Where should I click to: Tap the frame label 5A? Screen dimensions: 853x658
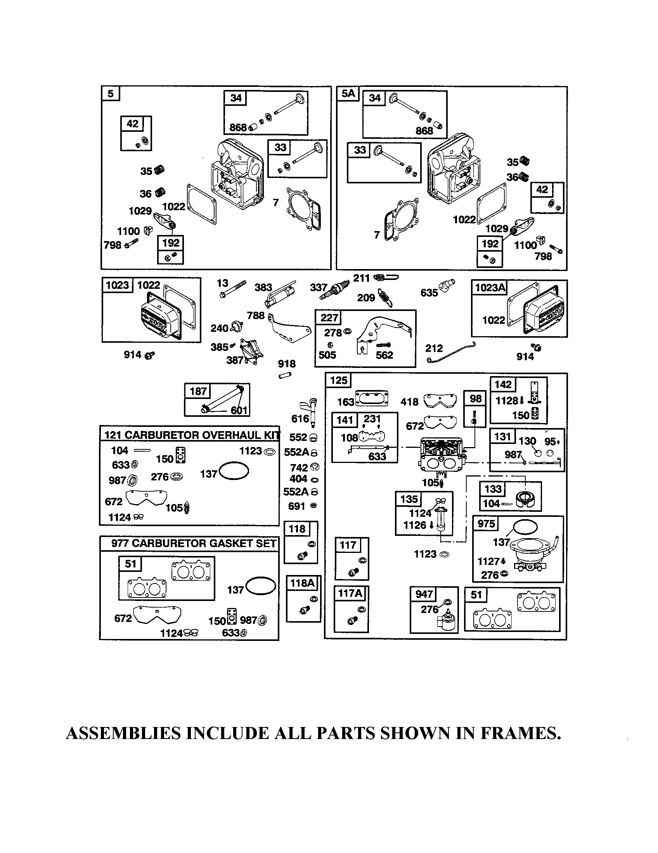coord(348,94)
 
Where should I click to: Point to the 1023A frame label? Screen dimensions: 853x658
coord(490,288)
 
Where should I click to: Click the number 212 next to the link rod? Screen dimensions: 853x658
coord(434,348)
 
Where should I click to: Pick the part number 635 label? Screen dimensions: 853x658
coord(429,292)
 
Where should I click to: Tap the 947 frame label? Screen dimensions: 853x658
coord(424,594)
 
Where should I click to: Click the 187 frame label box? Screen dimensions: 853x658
coord(198,391)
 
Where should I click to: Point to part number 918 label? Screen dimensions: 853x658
coord(286,364)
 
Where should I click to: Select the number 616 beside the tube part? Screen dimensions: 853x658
coord(300,419)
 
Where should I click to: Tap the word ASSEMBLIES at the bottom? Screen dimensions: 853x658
coord(123,734)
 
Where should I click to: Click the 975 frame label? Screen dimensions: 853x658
coord(486,524)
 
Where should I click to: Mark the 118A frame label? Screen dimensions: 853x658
coord(303,583)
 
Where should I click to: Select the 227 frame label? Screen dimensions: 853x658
coord(329,318)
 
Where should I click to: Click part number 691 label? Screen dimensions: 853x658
coord(296,506)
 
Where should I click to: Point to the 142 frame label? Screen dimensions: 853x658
coord(503,384)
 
